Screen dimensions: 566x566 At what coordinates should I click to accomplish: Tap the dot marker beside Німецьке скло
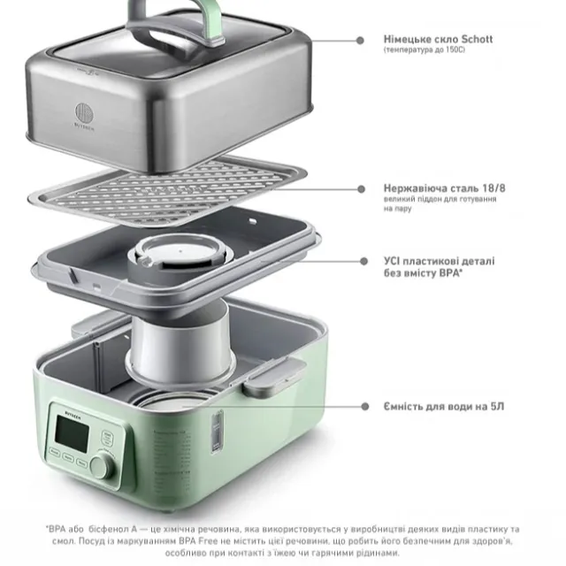pos(360,41)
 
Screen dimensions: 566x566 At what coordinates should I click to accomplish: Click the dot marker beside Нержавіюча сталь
pos(361,189)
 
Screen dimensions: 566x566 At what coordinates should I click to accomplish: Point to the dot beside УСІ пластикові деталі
pos(363,261)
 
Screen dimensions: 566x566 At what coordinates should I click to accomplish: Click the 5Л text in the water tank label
pos(497,407)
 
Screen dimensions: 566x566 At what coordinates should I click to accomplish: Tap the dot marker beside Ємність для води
pos(365,407)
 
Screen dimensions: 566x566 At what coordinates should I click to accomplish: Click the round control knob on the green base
pos(101,466)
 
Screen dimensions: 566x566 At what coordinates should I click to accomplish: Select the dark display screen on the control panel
pos(72,433)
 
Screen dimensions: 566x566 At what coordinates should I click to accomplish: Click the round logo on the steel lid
pos(84,112)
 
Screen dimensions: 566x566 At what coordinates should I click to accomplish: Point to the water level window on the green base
pos(217,431)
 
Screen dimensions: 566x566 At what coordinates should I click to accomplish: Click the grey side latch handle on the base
pos(274,377)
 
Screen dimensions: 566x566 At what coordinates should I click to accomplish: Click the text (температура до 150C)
pos(424,50)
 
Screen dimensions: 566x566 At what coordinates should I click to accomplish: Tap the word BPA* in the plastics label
pos(451,273)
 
